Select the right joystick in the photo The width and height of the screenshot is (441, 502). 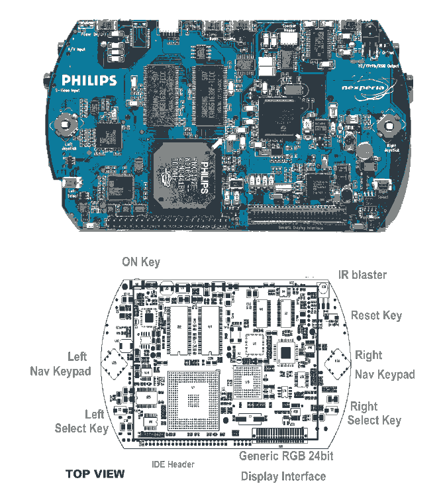pyautogui.click(x=388, y=123)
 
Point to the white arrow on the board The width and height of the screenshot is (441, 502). pyautogui.click(x=219, y=141)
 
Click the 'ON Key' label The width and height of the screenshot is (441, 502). pyautogui.click(x=140, y=262)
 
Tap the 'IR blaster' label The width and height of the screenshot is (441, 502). pyautogui.click(x=362, y=274)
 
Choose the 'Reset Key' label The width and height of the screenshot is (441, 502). pyautogui.click(x=376, y=315)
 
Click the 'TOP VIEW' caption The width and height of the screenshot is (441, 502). pyautogui.click(x=95, y=474)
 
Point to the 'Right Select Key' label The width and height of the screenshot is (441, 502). pyautogui.click(x=374, y=413)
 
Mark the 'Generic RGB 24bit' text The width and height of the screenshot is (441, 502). pyautogui.click(x=286, y=456)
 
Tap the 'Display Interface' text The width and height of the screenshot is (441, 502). pyautogui.click(x=283, y=476)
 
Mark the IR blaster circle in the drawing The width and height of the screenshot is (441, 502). pyautogui.click(x=322, y=287)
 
